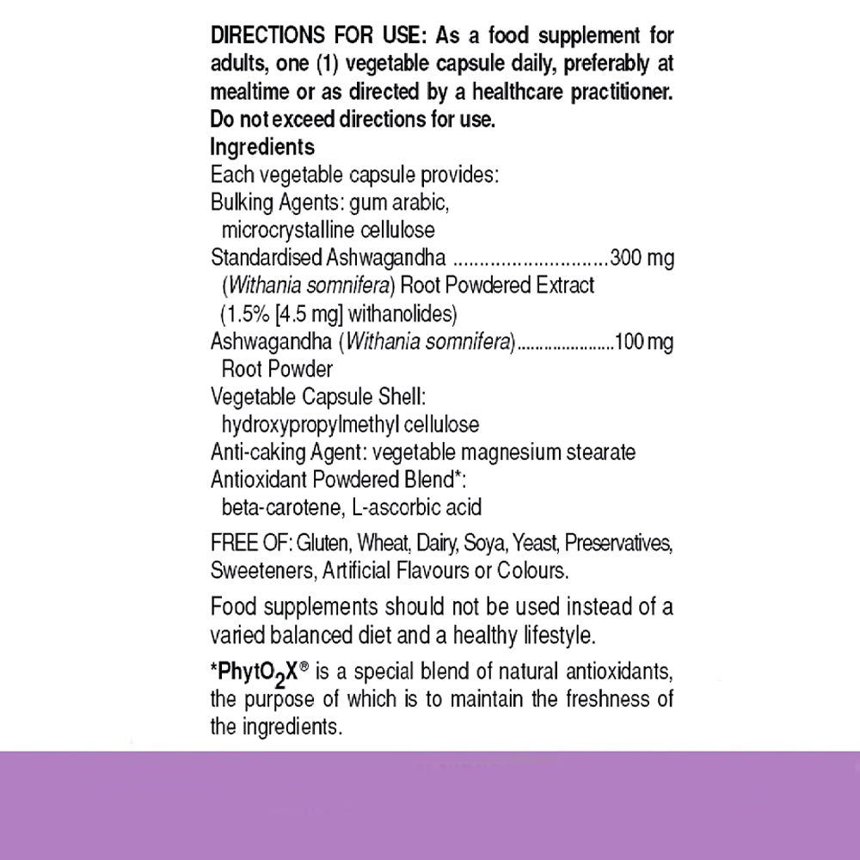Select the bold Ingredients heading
click(x=262, y=147)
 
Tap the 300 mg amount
click(x=642, y=258)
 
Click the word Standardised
click(x=267, y=258)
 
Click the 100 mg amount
click(x=642, y=341)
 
